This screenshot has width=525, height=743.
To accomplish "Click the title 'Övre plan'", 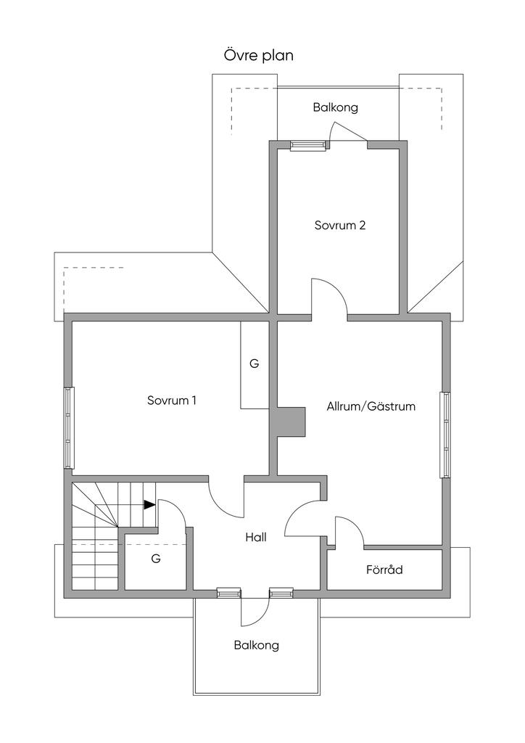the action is coord(258,56).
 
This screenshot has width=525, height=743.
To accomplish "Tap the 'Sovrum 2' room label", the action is coord(339,225).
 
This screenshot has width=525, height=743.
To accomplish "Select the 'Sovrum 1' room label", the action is coord(172,400).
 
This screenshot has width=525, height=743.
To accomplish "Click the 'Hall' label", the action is coord(256,538).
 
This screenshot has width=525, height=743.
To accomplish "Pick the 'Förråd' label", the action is coord(384,570).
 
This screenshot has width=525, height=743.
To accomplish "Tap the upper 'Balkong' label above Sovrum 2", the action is coord(335,107).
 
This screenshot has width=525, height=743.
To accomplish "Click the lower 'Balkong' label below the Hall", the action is coord(256,644).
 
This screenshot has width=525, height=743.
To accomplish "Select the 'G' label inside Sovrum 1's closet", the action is coord(254,364).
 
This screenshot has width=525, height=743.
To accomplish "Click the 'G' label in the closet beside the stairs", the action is coord(155,559).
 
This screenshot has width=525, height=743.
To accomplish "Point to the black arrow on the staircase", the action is coord(149,504).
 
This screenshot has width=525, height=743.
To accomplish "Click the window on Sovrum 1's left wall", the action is coord(70,427).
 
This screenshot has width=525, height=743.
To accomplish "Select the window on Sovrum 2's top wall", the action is coord(307,145).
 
